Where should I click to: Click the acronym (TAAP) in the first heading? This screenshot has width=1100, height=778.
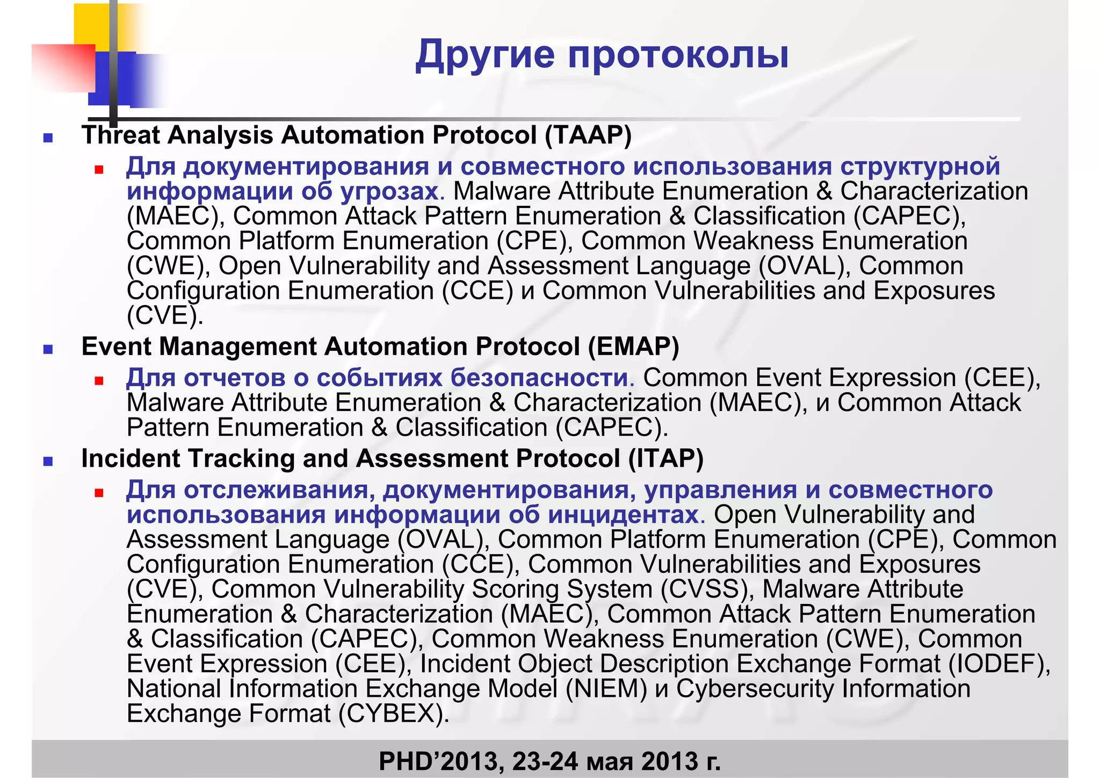click(588, 135)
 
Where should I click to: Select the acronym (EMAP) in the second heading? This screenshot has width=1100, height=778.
click(633, 347)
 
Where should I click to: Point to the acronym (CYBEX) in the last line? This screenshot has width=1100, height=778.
click(393, 714)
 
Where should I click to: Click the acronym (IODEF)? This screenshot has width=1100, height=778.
click(995, 664)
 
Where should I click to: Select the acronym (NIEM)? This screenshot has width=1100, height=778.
click(606, 689)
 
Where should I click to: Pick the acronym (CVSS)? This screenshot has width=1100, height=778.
click(704, 589)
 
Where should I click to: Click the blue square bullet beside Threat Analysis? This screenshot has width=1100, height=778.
click(48, 138)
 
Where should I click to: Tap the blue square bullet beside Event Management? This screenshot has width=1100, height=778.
click(48, 349)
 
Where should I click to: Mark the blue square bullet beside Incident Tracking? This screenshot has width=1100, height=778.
click(48, 461)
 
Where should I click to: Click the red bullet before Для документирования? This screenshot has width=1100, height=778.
click(98, 170)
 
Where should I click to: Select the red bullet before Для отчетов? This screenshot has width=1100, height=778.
click(98, 381)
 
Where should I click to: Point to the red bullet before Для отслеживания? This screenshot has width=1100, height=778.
click(98, 493)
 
